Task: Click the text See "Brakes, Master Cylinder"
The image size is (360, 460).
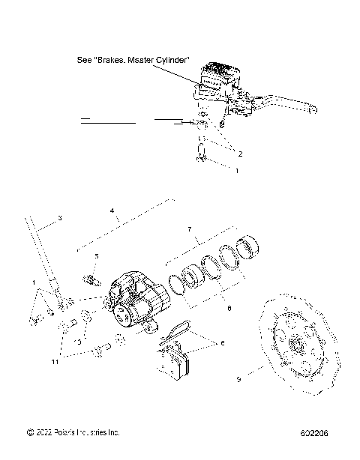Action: click(x=134, y=60)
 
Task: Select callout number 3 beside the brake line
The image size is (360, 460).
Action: click(x=59, y=217)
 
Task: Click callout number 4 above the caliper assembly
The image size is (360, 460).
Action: click(x=112, y=211)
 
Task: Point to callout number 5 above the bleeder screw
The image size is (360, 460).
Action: click(x=96, y=256)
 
